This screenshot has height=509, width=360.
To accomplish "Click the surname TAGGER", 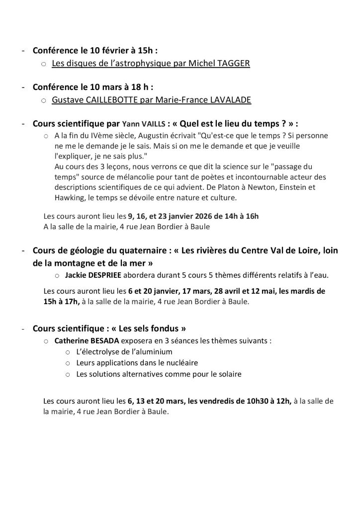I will [x=219, y=64].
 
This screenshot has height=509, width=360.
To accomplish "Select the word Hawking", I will [x=71, y=198].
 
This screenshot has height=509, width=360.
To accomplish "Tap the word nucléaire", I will [x=180, y=363].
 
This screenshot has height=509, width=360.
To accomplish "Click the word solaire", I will [x=229, y=374].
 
